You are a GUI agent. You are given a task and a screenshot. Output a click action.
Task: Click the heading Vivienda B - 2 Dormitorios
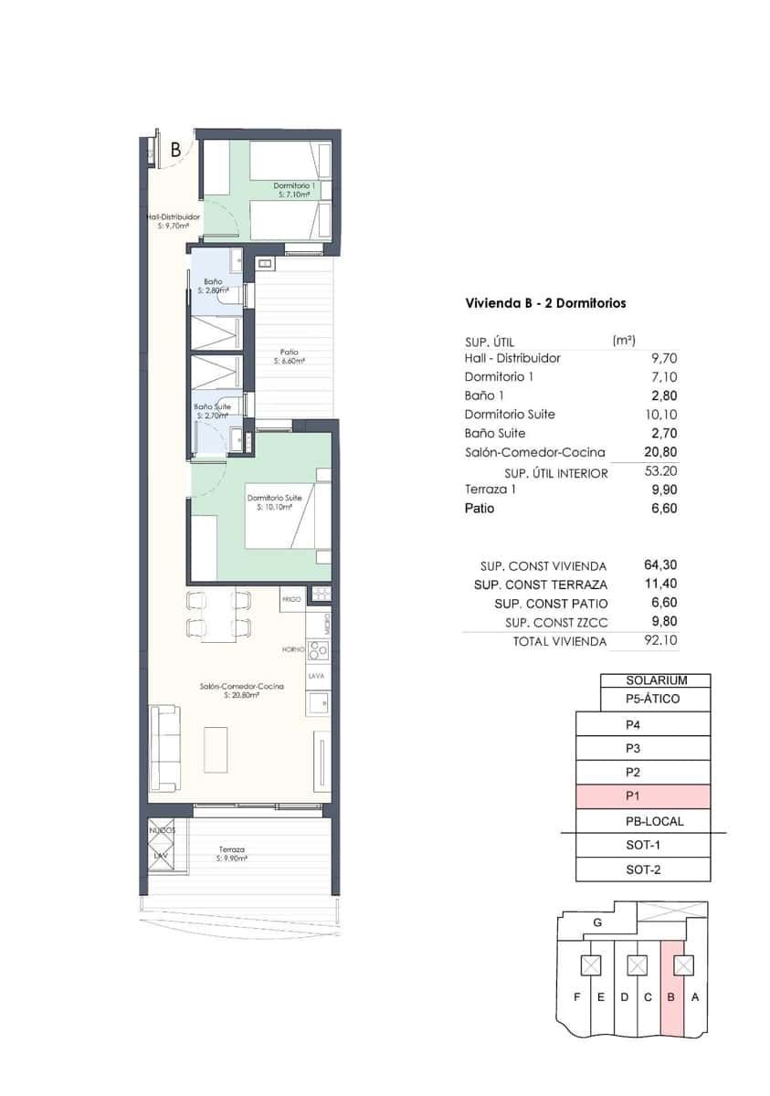pyautogui.click(x=545, y=303)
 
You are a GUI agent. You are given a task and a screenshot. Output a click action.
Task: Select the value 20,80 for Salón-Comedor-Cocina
pyautogui.click(x=662, y=452)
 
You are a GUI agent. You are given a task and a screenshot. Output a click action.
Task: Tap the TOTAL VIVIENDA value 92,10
pyautogui.click(x=660, y=642)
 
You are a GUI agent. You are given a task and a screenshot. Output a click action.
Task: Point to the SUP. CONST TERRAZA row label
pyautogui.click(x=542, y=585)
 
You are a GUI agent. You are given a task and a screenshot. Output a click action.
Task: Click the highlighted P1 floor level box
pyautogui.click(x=643, y=796)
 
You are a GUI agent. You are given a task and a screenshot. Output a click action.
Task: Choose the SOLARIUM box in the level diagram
pyautogui.click(x=655, y=680)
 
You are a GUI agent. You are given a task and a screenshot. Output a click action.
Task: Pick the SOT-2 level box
pyautogui.click(x=643, y=869)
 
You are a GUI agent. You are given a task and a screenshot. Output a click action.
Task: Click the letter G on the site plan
pyautogui.click(x=597, y=922)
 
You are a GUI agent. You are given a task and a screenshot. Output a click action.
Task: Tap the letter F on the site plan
pyautogui.click(x=576, y=996)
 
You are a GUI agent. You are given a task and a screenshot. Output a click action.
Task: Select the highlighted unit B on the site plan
pyautogui.click(x=671, y=996)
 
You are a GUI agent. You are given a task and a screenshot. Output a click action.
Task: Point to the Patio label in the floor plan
pyautogui.click(x=290, y=353)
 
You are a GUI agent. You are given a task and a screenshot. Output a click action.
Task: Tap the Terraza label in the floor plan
pyautogui.click(x=232, y=849)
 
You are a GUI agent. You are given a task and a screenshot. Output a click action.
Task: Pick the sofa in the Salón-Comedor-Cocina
pyautogui.click(x=165, y=748)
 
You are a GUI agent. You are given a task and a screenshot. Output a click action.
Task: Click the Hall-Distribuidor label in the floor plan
pyautogui.click(x=174, y=217)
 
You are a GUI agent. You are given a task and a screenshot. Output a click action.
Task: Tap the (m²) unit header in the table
pyautogui.click(x=623, y=340)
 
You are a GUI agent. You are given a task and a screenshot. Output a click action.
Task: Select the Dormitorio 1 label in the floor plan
pyautogui.click(x=294, y=185)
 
